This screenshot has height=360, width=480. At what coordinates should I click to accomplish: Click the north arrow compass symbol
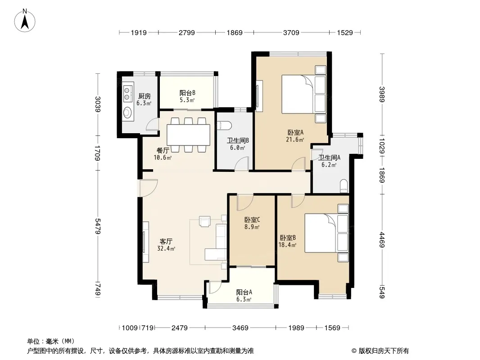[25, 20]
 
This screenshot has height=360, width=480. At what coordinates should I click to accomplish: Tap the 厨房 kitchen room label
[145, 96]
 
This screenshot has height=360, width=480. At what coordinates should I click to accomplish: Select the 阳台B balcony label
[187, 93]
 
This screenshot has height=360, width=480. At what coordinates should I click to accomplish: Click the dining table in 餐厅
[188, 135]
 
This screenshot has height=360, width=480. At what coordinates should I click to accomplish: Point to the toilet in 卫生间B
[224, 125]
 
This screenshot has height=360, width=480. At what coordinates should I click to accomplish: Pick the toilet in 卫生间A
[344, 186]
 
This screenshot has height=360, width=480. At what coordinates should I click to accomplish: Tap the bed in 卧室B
[326, 233]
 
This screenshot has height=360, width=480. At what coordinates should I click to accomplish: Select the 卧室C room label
[252, 220]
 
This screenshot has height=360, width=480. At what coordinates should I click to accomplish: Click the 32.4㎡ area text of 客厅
[166, 249]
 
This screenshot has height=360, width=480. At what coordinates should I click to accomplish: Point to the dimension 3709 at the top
[291, 32]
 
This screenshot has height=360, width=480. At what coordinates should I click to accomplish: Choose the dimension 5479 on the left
[98, 226]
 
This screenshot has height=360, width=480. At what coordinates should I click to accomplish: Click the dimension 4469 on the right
[382, 240]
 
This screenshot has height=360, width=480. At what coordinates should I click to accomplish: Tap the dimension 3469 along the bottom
[240, 328]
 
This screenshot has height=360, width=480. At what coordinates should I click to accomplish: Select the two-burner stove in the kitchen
[127, 94]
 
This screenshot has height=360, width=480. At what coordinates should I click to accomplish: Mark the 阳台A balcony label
[244, 292]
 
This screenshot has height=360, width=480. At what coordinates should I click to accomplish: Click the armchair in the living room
[205, 221]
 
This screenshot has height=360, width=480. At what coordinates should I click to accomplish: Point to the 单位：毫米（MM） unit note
[51, 341]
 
